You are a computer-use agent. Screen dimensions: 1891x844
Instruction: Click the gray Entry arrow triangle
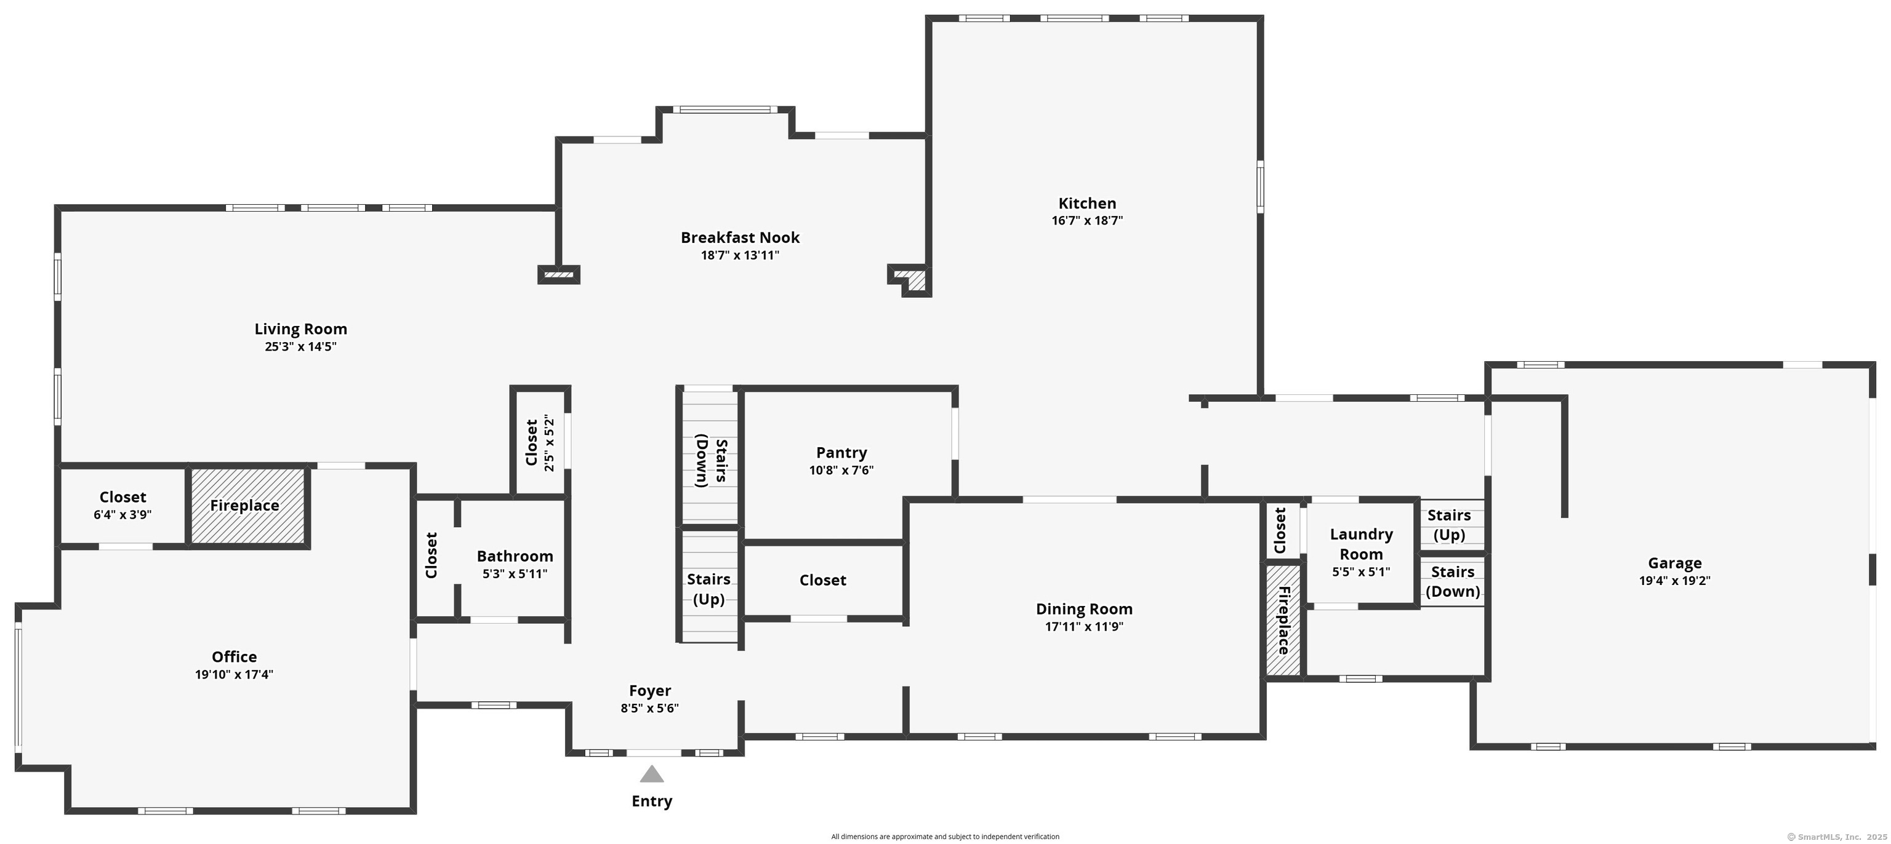[x=651, y=774]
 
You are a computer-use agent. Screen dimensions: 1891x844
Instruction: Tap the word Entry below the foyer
[x=652, y=801]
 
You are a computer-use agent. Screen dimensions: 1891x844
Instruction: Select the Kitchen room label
[x=1087, y=203]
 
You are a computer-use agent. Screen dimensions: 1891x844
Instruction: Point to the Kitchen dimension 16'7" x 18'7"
[x=1087, y=220]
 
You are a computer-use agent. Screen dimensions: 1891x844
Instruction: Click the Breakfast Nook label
[x=740, y=237]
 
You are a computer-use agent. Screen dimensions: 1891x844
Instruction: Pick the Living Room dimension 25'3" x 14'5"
[x=301, y=346]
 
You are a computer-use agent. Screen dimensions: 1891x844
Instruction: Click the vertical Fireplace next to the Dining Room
[x=1283, y=620]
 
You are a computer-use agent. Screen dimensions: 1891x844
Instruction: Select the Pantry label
[x=841, y=453]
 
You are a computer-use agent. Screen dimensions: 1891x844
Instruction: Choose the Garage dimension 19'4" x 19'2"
[x=1674, y=581]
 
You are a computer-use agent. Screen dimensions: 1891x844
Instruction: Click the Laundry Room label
[x=1361, y=544]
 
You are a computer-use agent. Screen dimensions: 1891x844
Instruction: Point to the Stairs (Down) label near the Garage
[x=1452, y=581]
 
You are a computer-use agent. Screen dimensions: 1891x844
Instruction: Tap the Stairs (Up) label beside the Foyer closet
[x=709, y=589]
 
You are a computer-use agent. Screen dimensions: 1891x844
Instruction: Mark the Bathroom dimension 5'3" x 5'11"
[x=515, y=574]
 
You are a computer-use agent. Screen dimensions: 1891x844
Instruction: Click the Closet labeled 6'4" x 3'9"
[x=122, y=498]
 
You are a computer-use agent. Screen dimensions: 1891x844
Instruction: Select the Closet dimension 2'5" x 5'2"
[x=549, y=442]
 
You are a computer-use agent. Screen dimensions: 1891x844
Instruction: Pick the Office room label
[x=234, y=657]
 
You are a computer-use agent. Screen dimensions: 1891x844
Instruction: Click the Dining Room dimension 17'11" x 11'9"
[x=1084, y=626]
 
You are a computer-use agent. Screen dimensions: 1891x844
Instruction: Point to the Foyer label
[x=649, y=691]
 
